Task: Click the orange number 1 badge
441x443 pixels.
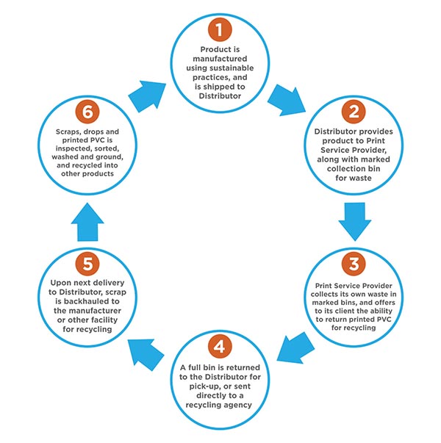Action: click(220, 29)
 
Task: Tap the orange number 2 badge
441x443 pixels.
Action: click(354, 112)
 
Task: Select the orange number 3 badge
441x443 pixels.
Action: click(354, 264)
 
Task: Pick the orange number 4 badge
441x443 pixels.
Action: click(220, 346)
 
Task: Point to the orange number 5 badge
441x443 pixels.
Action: click(87, 264)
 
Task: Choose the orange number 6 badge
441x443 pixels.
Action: click(87, 112)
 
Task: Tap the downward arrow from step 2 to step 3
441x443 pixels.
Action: click(355, 222)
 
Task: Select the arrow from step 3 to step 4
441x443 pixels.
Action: click(295, 348)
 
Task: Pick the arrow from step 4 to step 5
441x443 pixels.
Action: click(146, 355)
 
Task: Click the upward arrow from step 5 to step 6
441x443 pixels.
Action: click(87, 222)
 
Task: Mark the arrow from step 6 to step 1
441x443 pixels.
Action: click(147, 96)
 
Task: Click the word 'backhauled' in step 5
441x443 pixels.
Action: click(87, 301)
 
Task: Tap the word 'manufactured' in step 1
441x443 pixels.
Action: click(220, 59)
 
